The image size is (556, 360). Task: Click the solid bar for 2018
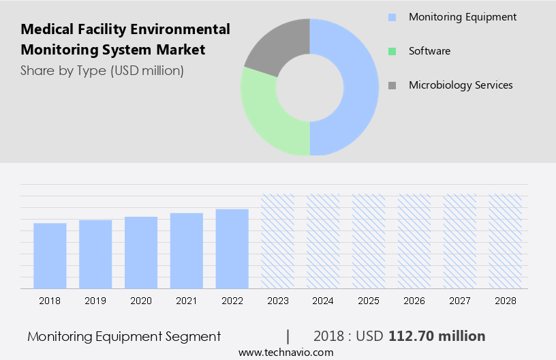coord(50,256)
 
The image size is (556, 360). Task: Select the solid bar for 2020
coord(141,252)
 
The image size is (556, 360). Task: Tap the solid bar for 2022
coord(232,249)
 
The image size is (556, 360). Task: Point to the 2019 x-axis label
coord(95,301)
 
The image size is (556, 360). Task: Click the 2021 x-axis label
coord(187,301)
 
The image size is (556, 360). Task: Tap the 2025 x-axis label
coord(369,301)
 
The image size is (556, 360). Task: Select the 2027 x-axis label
coord(460,301)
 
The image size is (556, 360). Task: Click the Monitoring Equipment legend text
coord(462,17)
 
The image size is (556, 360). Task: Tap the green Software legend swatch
coord(392,51)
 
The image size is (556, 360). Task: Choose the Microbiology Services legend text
coord(460,85)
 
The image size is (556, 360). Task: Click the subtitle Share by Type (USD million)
coord(102,70)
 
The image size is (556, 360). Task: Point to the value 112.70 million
coord(437,336)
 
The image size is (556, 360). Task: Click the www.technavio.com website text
coord(286,352)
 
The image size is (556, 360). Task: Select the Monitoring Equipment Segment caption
coord(124,336)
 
